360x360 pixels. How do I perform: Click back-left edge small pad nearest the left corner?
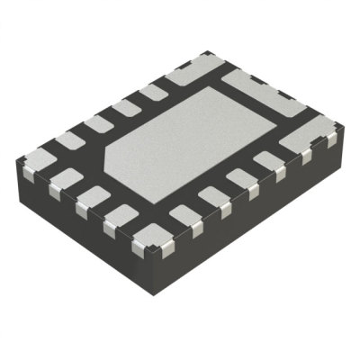[69, 139]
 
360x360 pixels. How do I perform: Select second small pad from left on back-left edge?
[97, 123]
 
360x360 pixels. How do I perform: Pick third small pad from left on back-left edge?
[125, 108]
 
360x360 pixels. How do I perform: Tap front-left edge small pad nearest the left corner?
[62, 176]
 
